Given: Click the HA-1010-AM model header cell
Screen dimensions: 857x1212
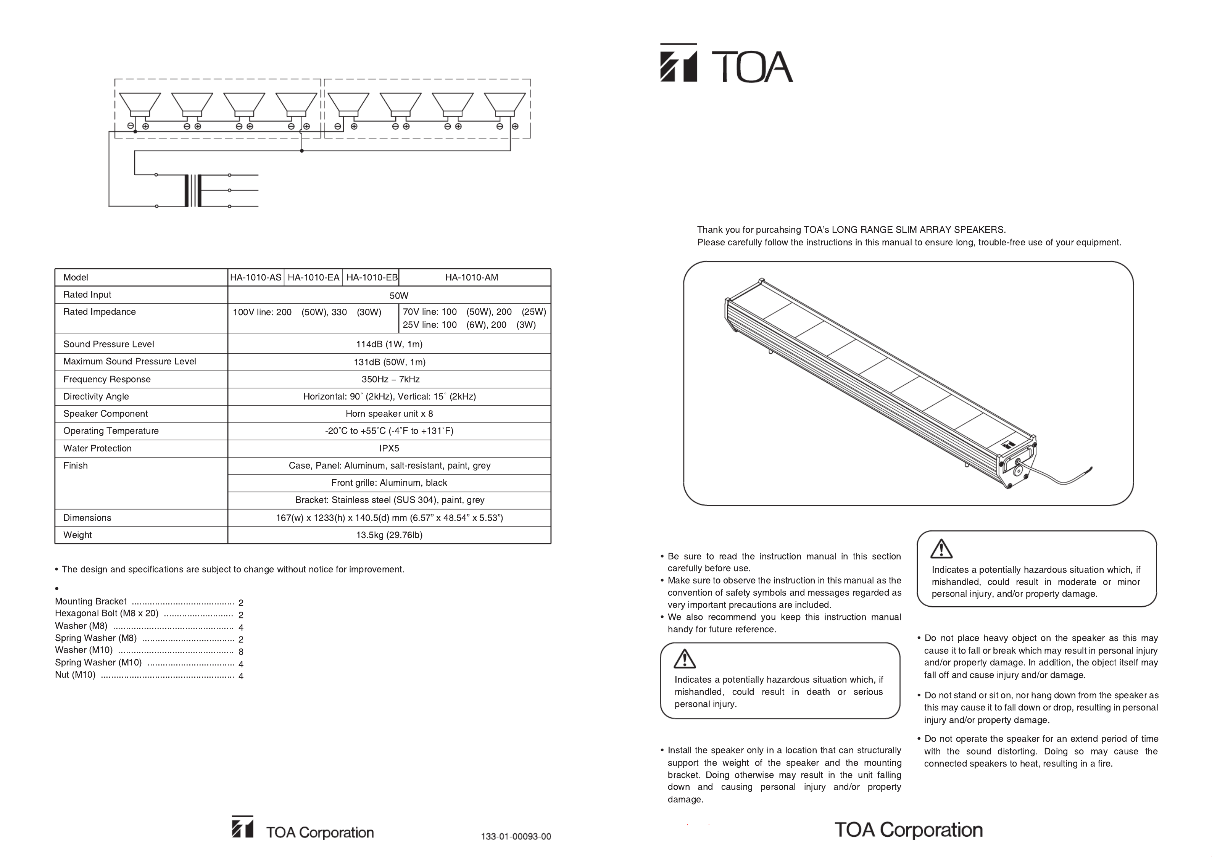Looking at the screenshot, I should tap(471, 277).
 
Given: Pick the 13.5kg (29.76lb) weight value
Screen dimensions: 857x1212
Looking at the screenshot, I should tap(389, 535).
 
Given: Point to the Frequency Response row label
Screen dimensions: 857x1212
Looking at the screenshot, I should tap(106, 379).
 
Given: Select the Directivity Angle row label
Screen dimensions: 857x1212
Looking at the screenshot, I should tap(96, 397).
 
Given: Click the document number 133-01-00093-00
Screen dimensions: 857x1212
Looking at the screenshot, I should tap(516, 836).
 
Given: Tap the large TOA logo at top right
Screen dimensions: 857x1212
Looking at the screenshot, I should tap(726, 63).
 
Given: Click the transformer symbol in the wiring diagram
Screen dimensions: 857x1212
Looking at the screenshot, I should tap(193, 190).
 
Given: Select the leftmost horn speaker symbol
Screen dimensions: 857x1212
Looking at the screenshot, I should tap(140, 104).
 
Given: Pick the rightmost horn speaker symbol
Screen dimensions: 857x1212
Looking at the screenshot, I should tap(504, 104).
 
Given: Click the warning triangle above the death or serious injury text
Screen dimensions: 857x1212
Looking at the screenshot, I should tap(685, 659).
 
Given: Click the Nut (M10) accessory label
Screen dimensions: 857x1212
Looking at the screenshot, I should tap(76, 675).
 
